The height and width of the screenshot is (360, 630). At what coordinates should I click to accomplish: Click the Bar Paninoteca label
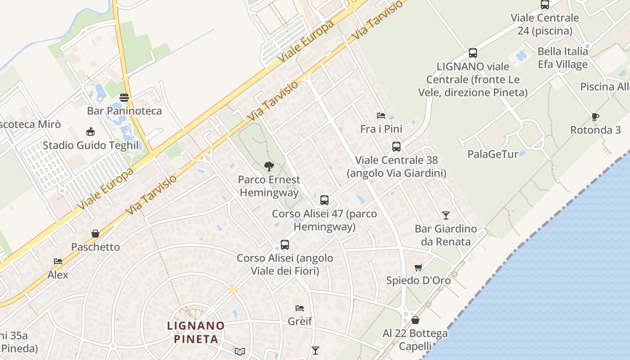tap(124, 111)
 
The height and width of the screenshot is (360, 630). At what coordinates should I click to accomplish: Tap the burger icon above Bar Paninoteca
tap(124, 98)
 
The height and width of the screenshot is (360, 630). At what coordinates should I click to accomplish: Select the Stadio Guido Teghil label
tap(91, 145)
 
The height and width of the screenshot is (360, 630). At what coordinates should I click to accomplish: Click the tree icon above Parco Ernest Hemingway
tap(269, 167)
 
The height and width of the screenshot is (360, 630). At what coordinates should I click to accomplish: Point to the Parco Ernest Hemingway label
tap(269, 186)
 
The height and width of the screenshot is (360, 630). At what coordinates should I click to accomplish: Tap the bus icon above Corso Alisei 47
tap(324, 200)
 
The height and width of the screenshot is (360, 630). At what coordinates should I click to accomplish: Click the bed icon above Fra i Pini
tap(381, 116)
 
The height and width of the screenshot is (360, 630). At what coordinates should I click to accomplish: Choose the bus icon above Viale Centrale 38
tap(396, 147)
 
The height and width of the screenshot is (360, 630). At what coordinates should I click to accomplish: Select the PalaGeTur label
tap(493, 154)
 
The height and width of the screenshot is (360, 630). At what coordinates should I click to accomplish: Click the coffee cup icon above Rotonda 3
tap(595, 117)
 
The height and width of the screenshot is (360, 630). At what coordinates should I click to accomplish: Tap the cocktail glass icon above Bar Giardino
tap(446, 215)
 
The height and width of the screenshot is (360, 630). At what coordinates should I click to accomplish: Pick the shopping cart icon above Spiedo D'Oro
tap(418, 267)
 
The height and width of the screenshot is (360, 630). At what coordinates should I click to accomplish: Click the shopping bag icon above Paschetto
tap(95, 234)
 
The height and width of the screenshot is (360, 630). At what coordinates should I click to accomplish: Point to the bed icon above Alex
tap(58, 261)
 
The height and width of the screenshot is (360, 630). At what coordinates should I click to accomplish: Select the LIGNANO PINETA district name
tap(196, 332)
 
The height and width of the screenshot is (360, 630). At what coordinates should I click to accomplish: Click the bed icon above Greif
tap(300, 308)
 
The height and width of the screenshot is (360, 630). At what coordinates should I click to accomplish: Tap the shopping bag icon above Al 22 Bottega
tap(415, 320)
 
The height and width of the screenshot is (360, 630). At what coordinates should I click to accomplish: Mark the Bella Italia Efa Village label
tap(562, 58)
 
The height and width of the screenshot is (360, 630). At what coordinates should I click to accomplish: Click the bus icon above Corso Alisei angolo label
tap(285, 245)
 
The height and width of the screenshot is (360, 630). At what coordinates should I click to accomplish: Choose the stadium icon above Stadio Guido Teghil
tap(90, 132)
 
